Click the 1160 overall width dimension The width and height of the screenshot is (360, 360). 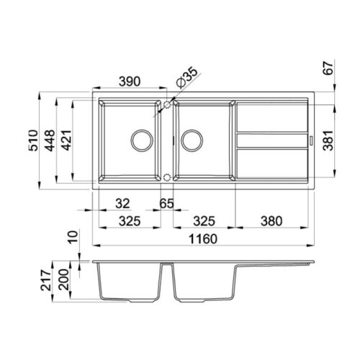[203, 239]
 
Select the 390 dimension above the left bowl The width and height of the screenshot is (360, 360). [130, 81]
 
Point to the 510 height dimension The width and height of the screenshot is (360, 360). [33, 140]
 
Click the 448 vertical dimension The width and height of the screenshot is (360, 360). [50, 140]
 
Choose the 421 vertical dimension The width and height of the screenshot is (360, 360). [66, 140]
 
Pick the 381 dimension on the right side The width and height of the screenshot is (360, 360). [328, 140]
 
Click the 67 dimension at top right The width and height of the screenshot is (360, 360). [328, 68]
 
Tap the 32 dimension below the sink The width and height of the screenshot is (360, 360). [122, 204]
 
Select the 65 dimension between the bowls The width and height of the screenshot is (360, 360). [166, 204]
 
